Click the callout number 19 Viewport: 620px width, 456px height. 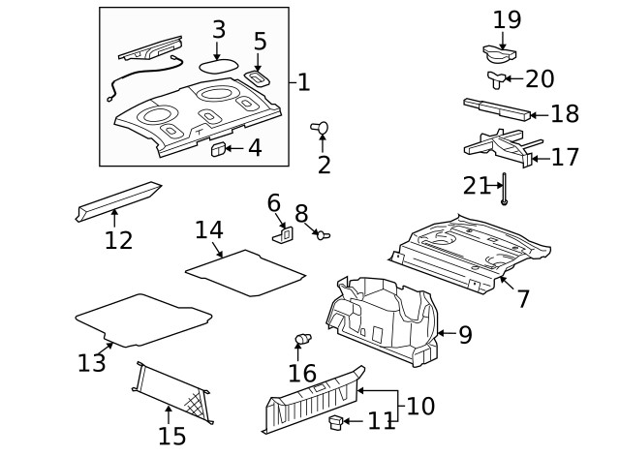click(x=507, y=19)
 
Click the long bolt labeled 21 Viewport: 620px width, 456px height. click(x=505, y=189)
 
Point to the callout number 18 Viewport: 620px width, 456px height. click(x=565, y=113)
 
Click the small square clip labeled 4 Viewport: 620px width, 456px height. click(x=218, y=148)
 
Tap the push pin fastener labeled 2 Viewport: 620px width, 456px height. click(x=321, y=127)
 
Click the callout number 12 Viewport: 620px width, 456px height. click(x=118, y=239)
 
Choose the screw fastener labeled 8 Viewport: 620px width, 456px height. click(x=323, y=233)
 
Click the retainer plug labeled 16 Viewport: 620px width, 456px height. click(x=303, y=340)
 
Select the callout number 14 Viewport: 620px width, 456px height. click(x=208, y=230)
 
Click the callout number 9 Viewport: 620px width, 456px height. click(x=465, y=335)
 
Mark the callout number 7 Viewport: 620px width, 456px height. click(x=523, y=298)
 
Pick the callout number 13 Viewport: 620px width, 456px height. click(x=91, y=363)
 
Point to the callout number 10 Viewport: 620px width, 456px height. click(x=420, y=405)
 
